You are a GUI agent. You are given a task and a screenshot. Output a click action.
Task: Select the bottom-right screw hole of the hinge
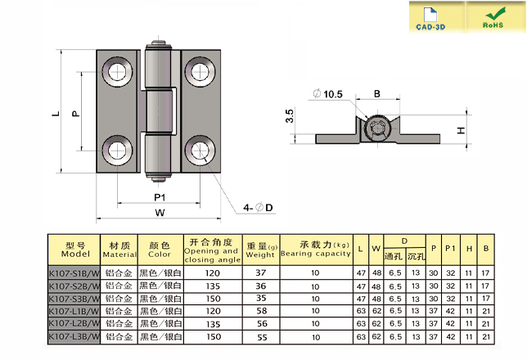pyautogui.click(x=200, y=151)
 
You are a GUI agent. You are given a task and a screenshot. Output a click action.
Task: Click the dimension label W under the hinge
pyautogui.click(x=160, y=213)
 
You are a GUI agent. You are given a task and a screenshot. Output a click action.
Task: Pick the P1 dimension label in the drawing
pyautogui.click(x=160, y=197)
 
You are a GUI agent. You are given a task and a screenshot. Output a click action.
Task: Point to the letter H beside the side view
pyautogui.click(x=462, y=131)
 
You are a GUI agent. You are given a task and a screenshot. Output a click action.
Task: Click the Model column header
pyautogui.click(x=74, y=250)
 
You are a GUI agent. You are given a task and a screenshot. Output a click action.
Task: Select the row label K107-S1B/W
pyautogui.click(x=74, y=272)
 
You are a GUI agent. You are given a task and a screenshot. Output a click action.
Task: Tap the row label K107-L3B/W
pyautogui.click(x=74, y=336)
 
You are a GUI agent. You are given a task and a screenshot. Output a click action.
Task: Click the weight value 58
pyautogui.click(x=261, y=311)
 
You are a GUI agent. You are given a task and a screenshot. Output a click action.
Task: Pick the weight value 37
pyautogui.click(x=261, y=272)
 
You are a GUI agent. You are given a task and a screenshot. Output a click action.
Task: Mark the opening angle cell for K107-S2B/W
pyautogui.click(x=212, y=286)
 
